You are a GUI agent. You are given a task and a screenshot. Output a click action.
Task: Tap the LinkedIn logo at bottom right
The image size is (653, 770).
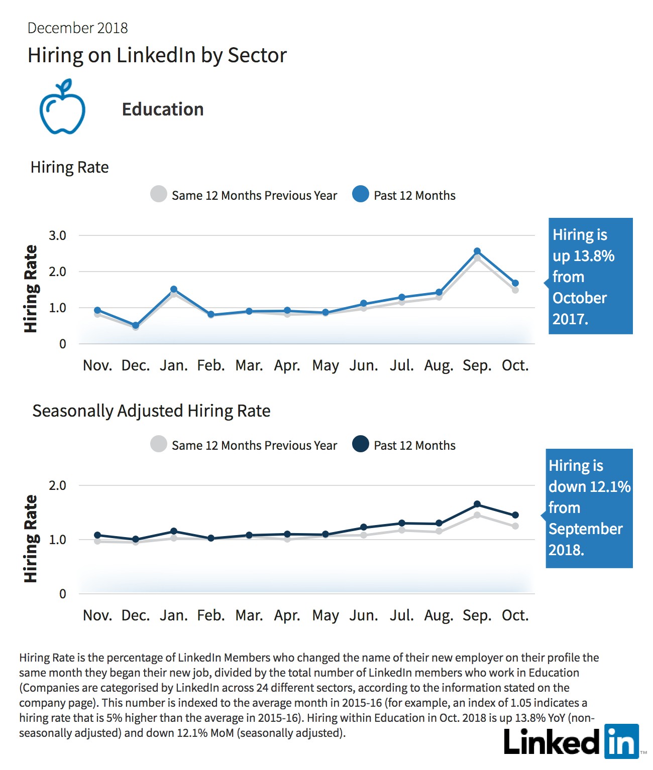[x=571, y=741]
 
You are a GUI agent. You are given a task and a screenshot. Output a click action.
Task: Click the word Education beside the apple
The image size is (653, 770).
[x=163, y=109]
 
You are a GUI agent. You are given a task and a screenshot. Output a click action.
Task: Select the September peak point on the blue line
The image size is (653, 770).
[x=477, y=251]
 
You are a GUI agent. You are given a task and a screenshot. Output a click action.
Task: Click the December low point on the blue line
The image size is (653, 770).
[x=136, y=326]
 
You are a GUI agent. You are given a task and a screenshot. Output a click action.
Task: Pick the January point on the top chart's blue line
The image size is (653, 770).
[x=174, y=289]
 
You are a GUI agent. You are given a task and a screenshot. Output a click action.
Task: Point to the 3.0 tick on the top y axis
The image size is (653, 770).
[x=57, y=235]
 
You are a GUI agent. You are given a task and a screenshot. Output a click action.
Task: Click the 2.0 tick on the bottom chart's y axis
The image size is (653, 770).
[x=57, y=485]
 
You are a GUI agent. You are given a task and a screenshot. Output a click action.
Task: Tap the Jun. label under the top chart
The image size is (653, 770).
[x=363, y=365]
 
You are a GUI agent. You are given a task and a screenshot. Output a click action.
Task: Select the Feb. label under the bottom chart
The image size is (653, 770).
[x=211, y=615]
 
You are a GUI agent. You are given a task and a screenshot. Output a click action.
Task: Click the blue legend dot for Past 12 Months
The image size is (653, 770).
[x=361, y=194]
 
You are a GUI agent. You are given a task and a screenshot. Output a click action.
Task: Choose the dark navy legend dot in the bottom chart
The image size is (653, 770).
[x=361, y=444]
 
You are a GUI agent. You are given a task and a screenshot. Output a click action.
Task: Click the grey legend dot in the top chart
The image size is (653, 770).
[x=158, y=194]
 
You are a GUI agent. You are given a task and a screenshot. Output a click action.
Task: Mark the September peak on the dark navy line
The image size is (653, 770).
[x=477, y=504]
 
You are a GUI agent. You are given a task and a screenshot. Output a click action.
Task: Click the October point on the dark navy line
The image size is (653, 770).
[x=515, y=515]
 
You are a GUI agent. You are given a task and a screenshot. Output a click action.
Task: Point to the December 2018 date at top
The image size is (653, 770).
[x=77, y=28]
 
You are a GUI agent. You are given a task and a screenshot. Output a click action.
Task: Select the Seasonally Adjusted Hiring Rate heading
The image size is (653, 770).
[x=151, y=411]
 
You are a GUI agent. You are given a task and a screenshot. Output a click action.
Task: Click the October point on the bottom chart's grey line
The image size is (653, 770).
[x=515, y=526]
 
